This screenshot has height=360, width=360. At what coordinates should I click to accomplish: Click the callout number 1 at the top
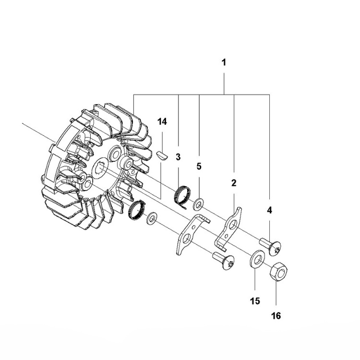point(224,62)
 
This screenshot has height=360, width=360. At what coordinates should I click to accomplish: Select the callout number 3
point(178,157)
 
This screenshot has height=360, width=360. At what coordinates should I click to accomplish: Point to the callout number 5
point(199,167)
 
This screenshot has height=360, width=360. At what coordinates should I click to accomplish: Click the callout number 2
point(234,182)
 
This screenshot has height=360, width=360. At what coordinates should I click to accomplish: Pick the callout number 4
point(269,210)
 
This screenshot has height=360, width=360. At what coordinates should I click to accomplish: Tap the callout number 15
point(254,301)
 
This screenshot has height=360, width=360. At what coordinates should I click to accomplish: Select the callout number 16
point(276,316)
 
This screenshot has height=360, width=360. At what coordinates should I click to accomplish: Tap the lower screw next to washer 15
point(224,261)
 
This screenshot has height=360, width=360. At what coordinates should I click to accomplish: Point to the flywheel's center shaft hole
point(102,169)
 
